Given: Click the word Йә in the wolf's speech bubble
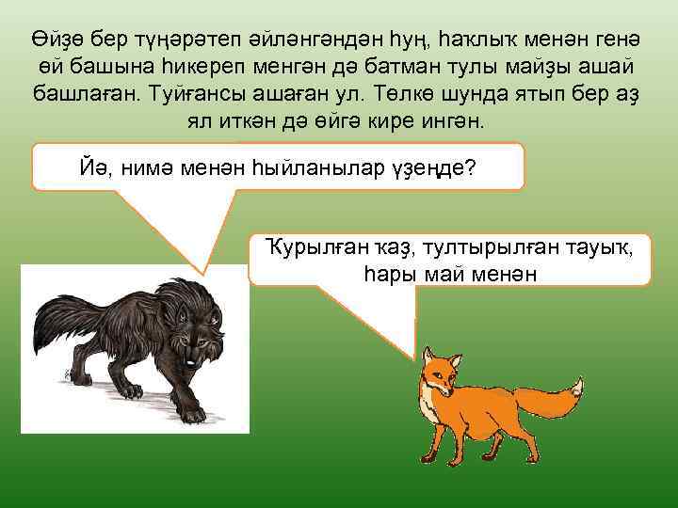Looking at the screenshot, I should click(x=88, y=169).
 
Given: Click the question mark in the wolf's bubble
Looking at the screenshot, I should click(x=470, y=169).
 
